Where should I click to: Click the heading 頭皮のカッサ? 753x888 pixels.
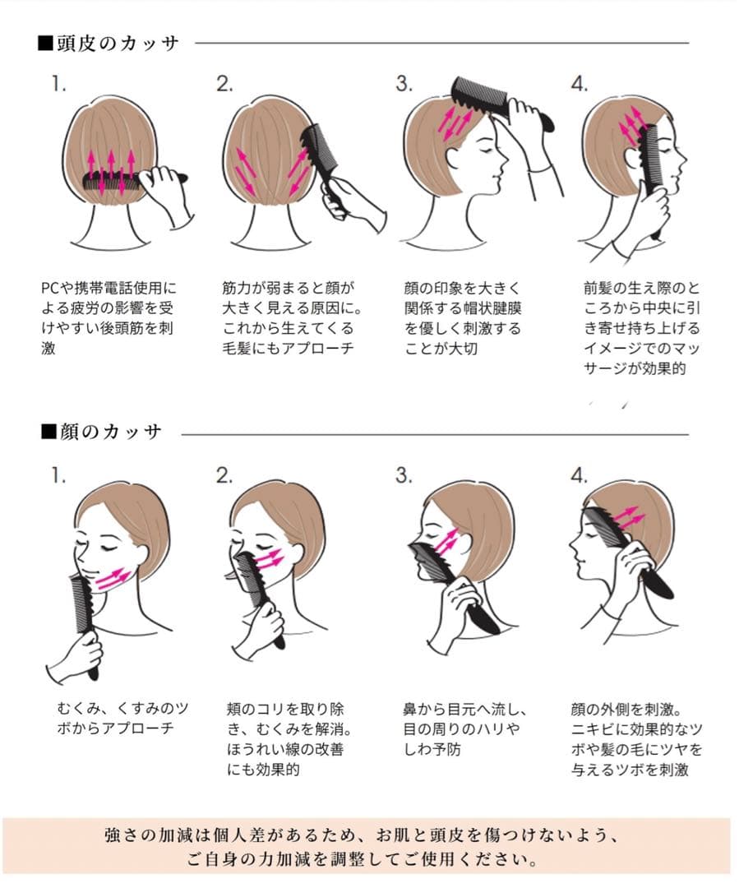pos(109,44)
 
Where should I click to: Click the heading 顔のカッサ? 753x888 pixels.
pos(102,432)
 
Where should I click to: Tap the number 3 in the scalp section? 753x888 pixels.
pos(404,83)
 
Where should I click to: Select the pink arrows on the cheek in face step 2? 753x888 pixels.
pos(268,558)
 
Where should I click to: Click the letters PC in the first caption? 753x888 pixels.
pos(49,288)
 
